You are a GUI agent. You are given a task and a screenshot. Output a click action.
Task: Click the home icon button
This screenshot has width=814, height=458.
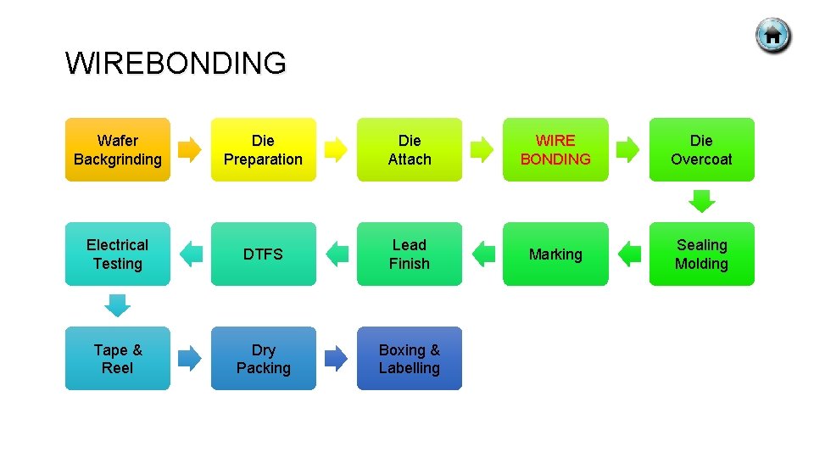coord(772,36)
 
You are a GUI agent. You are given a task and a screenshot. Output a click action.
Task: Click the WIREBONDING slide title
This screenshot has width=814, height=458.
coord(176,64)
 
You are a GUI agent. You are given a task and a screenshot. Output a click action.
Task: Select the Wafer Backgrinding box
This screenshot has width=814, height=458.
coord(118,149)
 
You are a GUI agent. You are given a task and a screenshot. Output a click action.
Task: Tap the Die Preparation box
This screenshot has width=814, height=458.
coord(264,149)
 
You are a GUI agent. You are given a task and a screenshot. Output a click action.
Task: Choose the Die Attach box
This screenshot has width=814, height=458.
coord(410,149)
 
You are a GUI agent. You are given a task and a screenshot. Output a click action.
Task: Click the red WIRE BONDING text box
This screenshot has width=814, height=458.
coord(555,149)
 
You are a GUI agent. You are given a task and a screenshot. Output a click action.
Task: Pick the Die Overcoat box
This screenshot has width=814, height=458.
coord(701,149)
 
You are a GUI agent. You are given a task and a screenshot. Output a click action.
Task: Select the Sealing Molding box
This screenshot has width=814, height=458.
coord(701,254)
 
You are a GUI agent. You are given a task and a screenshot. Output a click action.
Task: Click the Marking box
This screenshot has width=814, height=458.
coord(555,254)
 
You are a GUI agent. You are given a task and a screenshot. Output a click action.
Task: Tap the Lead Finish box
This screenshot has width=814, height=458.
coord(410,254)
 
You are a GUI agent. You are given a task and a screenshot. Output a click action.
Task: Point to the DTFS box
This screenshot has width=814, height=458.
coord(264,254)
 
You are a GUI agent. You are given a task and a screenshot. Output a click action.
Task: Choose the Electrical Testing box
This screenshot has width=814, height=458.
coord(118,254)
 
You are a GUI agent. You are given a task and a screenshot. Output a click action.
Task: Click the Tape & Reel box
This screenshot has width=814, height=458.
coord(118,358)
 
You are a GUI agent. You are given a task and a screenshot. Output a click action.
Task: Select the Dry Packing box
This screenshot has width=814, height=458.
coord(264,358)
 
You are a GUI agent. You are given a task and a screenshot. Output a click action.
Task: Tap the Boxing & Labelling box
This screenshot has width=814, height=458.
coord(410,358)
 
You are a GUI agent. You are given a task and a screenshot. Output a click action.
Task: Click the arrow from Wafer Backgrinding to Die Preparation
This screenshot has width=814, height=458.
coord(191,149)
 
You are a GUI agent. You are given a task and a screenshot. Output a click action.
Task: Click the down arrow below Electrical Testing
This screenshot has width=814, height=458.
coord(118,305)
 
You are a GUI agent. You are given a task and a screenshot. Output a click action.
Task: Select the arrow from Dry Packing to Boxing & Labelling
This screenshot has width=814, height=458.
coord(337,358)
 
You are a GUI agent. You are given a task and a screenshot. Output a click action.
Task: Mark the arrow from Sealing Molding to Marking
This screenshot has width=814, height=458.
coord(628,254)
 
